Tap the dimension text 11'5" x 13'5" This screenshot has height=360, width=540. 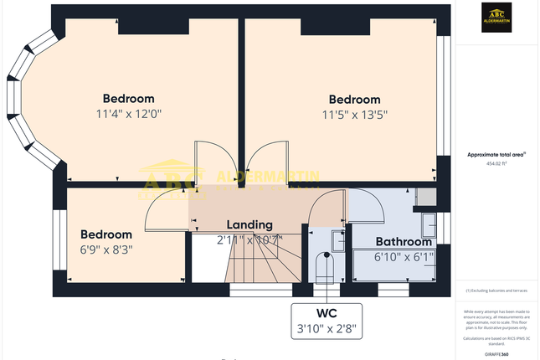click(354, 115)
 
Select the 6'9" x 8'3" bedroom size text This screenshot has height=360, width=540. click(106, 249)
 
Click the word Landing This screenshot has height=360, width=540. click(249, 224)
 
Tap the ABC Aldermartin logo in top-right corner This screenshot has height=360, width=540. click(497, 18)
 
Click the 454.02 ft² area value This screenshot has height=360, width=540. click(497, 164)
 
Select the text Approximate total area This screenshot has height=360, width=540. click(496, 154)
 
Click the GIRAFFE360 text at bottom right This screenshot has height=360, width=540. click(497, 355)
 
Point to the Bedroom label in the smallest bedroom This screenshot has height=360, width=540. click(106, 234)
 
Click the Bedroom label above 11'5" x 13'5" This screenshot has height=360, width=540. click(354, 100)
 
